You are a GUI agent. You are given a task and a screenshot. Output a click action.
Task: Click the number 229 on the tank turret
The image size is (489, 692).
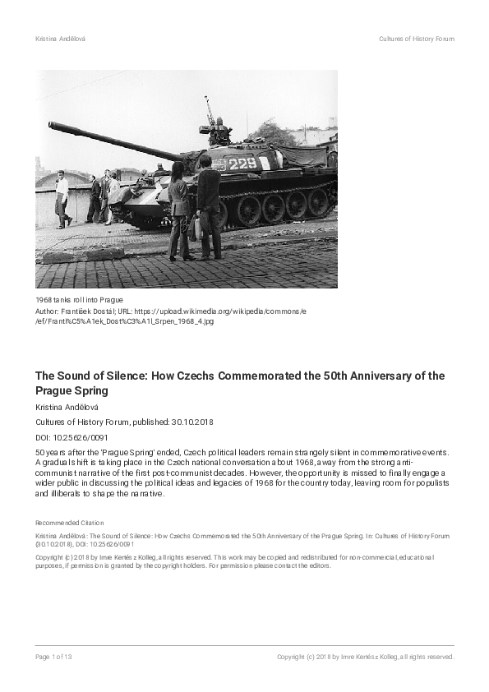coord(242,164)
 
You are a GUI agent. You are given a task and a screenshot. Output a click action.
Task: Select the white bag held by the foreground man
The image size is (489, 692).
coord(197,227)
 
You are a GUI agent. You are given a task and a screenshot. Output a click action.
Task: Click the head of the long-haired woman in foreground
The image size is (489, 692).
coord(178,170)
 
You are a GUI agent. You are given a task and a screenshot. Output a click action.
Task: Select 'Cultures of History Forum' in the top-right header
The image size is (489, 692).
coord(416,39)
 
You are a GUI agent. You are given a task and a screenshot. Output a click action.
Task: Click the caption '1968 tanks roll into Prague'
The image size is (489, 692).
coord(79,299)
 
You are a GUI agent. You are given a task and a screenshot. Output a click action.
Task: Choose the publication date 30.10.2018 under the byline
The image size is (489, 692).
coord(193,422)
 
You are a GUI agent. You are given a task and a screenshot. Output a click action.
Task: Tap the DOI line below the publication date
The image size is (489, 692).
coord(72,437)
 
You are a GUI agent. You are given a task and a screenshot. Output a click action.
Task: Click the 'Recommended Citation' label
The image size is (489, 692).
coord(69,522)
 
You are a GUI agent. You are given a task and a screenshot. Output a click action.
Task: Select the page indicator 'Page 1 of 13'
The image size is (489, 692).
coord(54,657)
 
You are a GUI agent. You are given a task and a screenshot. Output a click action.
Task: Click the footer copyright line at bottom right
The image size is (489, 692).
coord(365,657)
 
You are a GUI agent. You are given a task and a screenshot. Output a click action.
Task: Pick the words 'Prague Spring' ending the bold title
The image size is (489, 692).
coord(72,391)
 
